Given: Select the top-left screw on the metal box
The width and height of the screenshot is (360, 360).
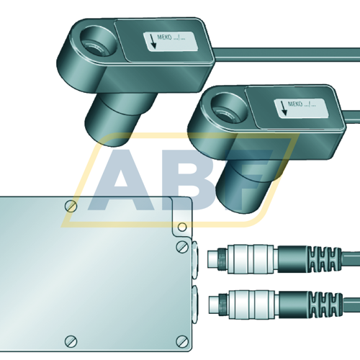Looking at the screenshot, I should coord(70,207).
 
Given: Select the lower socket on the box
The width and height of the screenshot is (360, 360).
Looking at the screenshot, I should coord(197,298).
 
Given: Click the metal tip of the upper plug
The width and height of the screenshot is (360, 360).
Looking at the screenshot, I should coord(213,255).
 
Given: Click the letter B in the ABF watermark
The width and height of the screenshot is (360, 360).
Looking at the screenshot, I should coord(180,180).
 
